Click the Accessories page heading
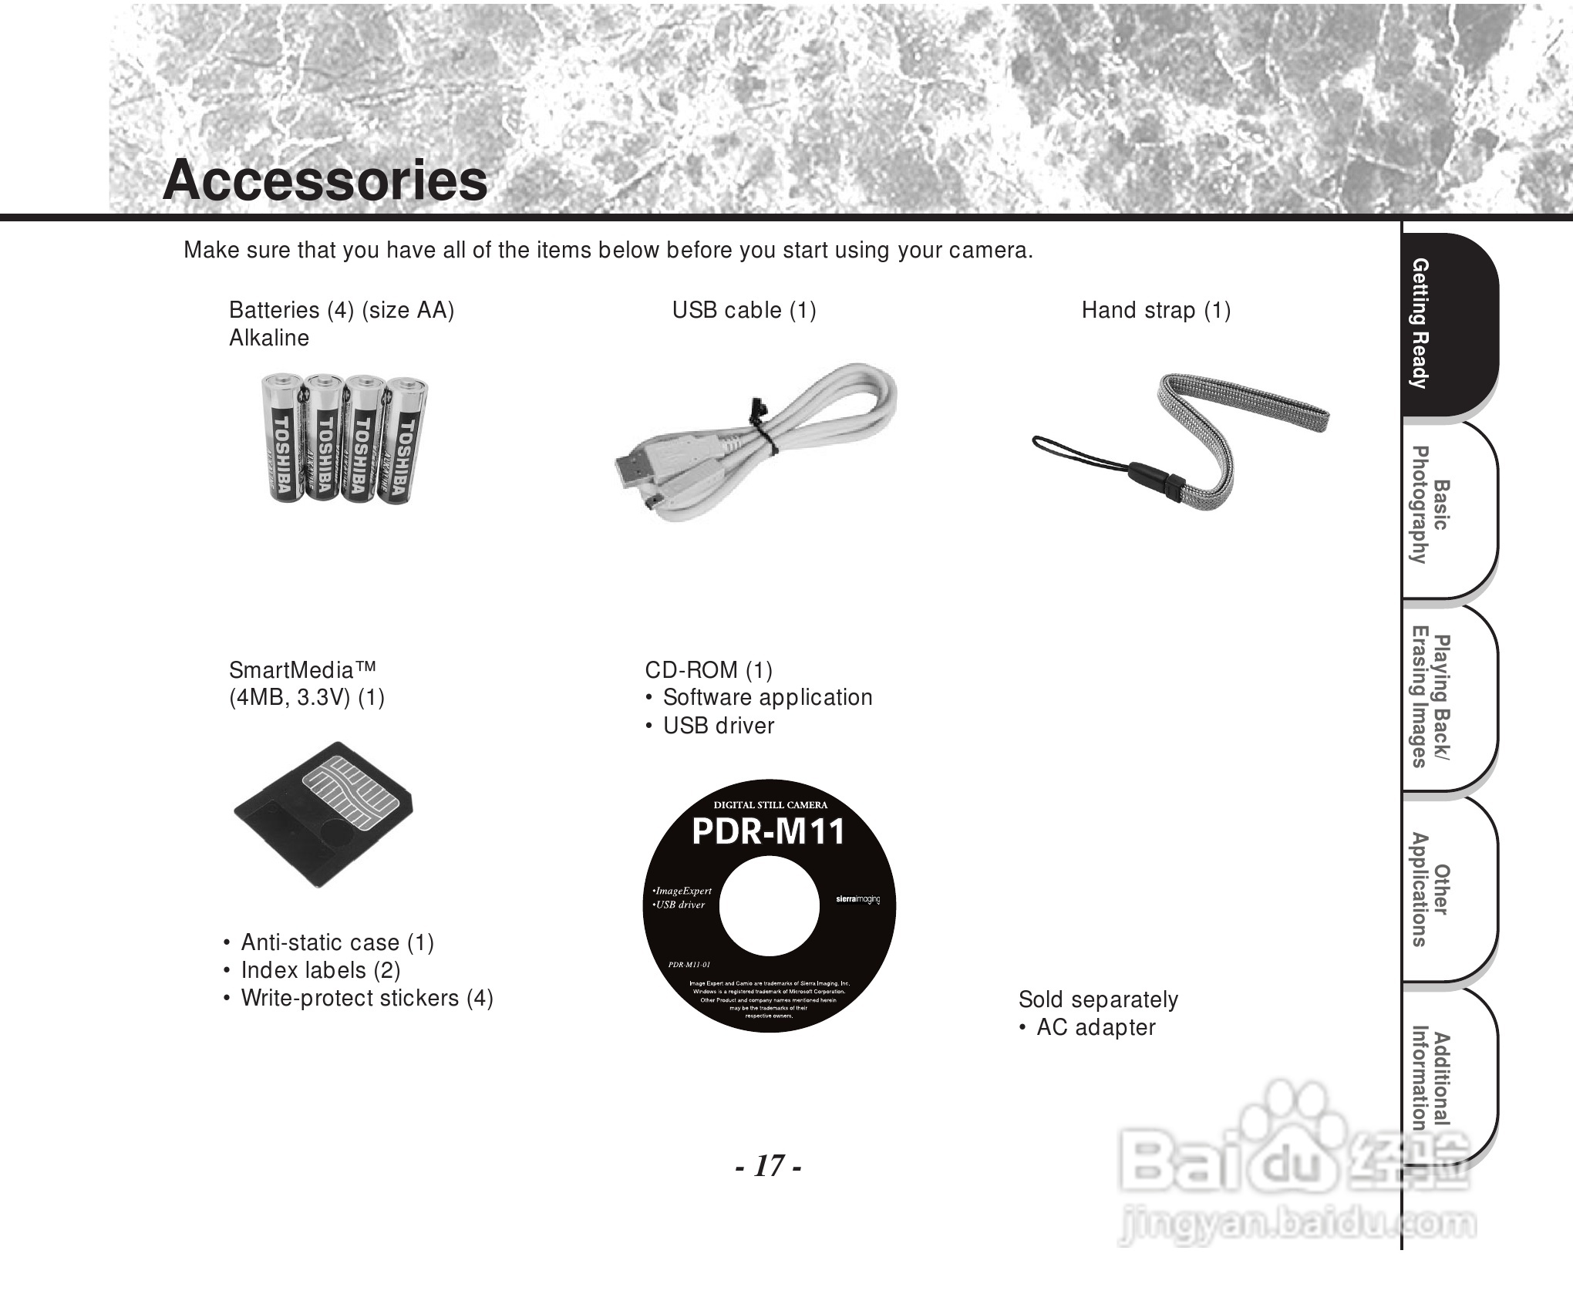click(x=325, y=180)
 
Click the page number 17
click(x=768, y=1165)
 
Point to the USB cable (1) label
click(x=743, y=310)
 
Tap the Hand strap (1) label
click(x=1155, y=310)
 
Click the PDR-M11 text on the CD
click(x=768, y=832)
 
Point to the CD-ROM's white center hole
click(x=769, y=907)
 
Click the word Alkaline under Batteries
click(x=269, y=338)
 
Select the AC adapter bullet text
click(x=1095, y=1027)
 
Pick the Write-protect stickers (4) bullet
click(x=366, y=998)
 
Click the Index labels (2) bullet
click(x=320, y=970)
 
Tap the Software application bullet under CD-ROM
click(x=767, y=697)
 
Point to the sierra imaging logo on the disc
click(x=857, y=899)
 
